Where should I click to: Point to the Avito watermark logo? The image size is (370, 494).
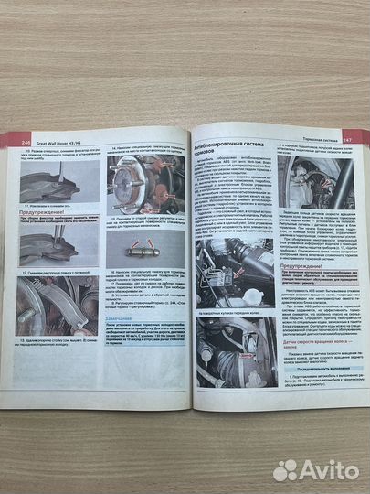pyautogui.click(x=315, y=468)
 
